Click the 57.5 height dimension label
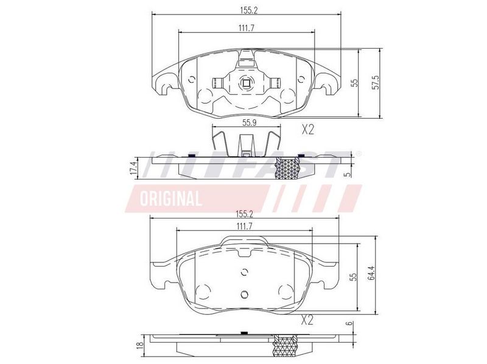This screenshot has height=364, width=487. pyautogui.click(x=376, y=82)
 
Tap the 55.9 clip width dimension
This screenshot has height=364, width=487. pyautogui.click(x=249, y=123)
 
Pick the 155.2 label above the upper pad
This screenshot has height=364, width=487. pyautogui.click(x=249, y=10)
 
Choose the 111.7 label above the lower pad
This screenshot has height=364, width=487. pyautogui.click(x=244, y=226)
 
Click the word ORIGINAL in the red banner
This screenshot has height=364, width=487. pyautogui.click(x=171, y=198)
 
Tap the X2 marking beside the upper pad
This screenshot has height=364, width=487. pyautogui.click(x=308, y=130)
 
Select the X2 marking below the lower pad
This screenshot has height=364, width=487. pyautogui.click(x=307, y=320)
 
